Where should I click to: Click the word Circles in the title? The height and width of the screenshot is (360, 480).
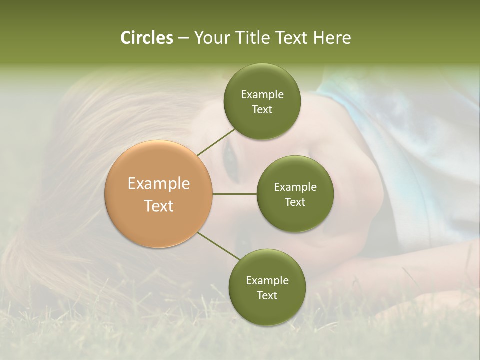146,38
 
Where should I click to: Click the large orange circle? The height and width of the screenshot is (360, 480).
158,194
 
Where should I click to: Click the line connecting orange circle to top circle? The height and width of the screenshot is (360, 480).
216,142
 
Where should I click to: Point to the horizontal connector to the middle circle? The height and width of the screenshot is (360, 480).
234,194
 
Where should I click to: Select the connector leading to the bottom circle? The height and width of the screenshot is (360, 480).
219,245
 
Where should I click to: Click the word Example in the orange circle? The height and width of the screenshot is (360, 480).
158,184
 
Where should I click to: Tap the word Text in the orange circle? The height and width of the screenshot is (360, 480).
158,206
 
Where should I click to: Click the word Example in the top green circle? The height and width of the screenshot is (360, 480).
262,95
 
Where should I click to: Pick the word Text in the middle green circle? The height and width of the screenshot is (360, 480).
295,202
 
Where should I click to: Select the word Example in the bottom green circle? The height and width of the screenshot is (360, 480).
267,281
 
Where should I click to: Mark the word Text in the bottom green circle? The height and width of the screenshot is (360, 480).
267,296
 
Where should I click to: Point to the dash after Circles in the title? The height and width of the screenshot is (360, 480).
183,38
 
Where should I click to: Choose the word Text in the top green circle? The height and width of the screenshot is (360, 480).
262,110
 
